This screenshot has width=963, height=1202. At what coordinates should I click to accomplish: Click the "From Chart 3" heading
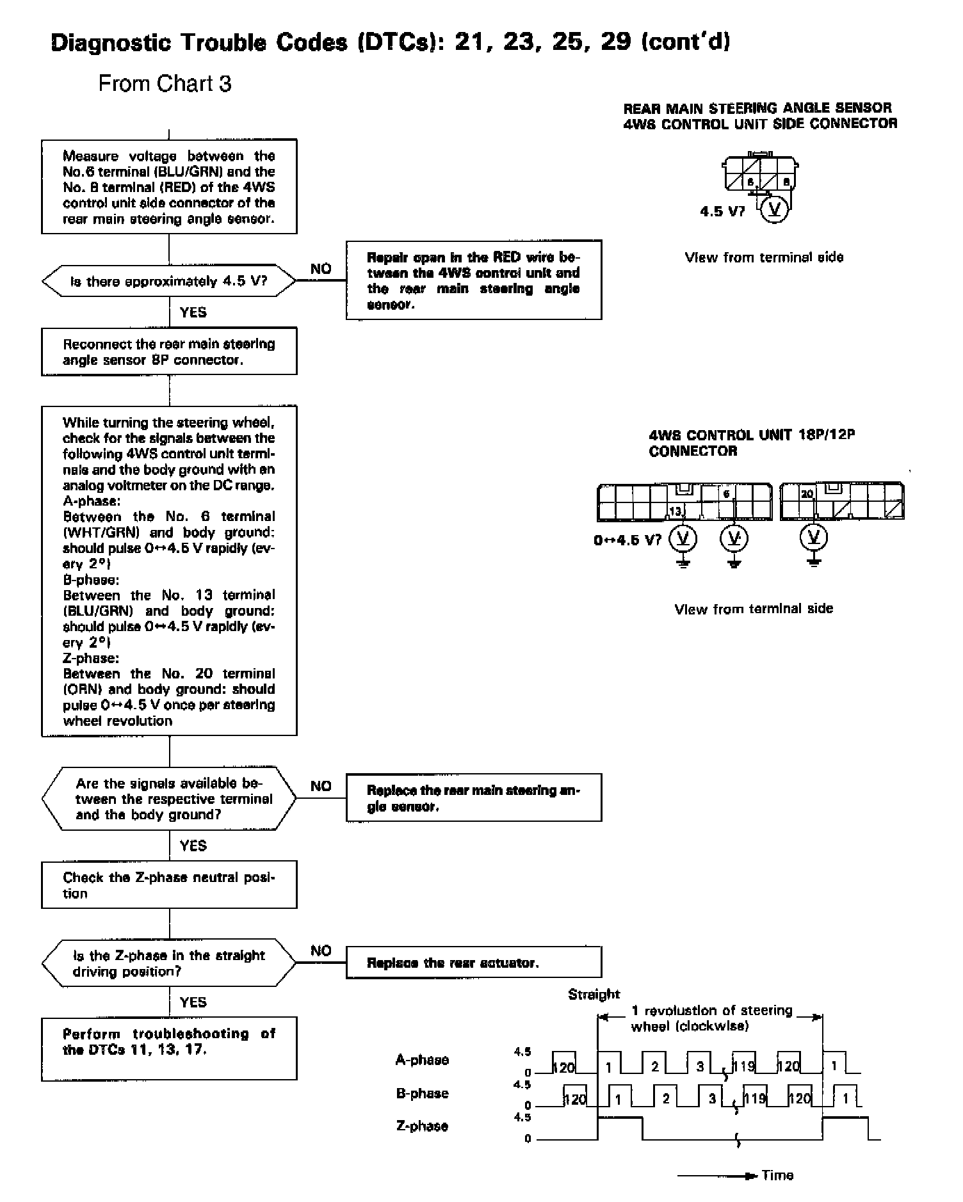pos(165,84)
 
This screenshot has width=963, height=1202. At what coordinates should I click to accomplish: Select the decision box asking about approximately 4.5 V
pos(169,281)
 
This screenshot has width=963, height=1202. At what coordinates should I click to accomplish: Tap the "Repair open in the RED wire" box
pos(473,280)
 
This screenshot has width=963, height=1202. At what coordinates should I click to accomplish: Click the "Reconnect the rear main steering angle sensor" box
pos(169,351)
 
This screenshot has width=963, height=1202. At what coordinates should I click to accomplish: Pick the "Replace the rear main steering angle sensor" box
pos(473,797)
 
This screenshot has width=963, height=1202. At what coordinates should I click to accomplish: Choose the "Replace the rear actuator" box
pos(473,963)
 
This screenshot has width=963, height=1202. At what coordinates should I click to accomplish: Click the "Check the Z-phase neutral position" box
pos(169,885)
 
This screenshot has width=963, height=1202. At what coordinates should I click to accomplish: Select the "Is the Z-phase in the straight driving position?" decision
pos(169,963)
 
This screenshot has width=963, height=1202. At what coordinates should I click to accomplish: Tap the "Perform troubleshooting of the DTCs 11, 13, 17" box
pos(169,1048)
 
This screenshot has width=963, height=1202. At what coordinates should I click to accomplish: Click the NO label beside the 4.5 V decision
pos(321,269)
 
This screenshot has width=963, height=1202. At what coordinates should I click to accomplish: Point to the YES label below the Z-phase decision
pos(193,1002)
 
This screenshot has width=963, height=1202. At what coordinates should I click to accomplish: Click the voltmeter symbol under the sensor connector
pos(773,209)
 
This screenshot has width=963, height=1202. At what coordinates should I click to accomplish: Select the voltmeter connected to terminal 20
pos(813,538)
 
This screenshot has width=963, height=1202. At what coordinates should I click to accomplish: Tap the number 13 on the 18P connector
pos(676,511)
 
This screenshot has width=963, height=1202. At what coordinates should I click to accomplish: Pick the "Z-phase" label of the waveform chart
pos(422,1126)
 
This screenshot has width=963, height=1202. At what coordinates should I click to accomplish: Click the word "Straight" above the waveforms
pos(594,994)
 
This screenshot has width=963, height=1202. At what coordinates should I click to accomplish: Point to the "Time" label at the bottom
pos(777,1175)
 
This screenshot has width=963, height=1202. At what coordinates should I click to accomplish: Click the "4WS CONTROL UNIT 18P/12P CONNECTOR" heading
pos(752,443)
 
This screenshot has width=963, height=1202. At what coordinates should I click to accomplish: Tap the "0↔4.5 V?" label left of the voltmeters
pos(627,540)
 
